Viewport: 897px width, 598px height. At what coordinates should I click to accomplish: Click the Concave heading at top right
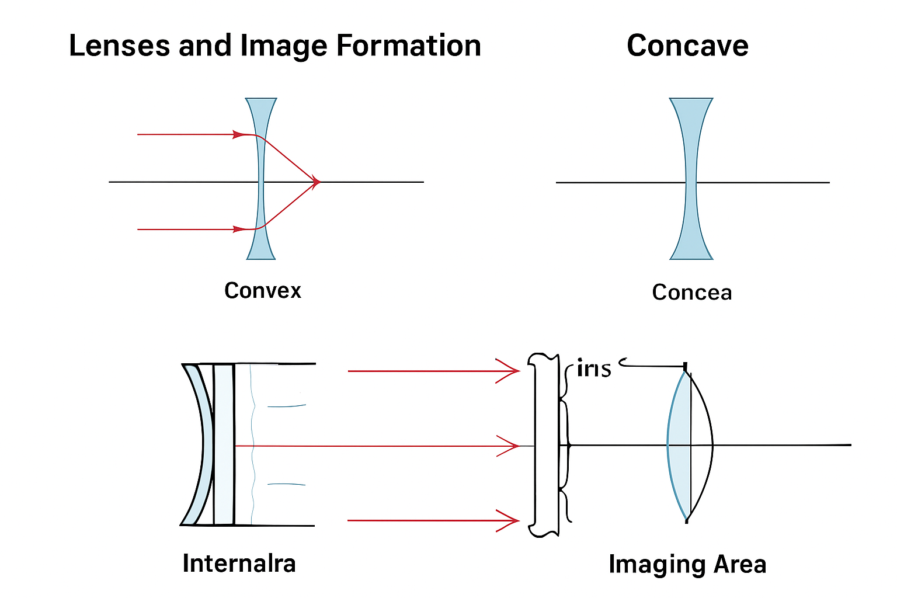pyautogui.click(x=687, y=46)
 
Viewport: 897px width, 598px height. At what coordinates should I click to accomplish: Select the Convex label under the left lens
pyautogui.click(x=263, y=290)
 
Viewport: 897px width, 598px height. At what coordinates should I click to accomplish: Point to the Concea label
pyautogui.click(x=691, y=292)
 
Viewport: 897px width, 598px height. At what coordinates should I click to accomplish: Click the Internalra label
pyautogui.click(x=239, y=563)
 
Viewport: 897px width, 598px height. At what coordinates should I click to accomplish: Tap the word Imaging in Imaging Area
pyautogui.click(x=649, y=564)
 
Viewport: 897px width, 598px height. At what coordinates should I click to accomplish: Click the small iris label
pyautogui.click(x=593, y=369)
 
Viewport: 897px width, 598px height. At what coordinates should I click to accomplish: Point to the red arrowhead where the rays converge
pyautogui.click(x=315, y=182)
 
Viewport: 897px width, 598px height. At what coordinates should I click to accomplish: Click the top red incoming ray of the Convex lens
pyautogui.click(x=187, y=134)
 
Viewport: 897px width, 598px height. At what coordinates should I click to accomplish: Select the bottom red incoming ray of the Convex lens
pyautogui.click(x=187, y=230)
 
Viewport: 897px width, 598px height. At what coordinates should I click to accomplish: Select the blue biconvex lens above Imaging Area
pyautogui.click(x=679, y=445)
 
